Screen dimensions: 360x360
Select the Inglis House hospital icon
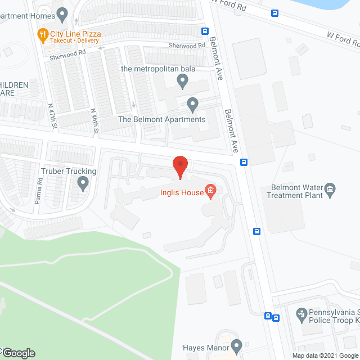click(x=210, y=192)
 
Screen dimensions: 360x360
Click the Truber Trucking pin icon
click(x=83, y=182)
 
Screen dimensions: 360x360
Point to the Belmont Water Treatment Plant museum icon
click(x=331, y=188)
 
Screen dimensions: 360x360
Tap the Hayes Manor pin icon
click(x=236, y=345)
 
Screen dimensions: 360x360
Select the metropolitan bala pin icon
click(x=182, y=82)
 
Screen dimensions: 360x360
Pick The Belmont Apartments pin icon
click(x=193, y=104)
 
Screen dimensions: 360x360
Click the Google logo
click(x=18, y=353)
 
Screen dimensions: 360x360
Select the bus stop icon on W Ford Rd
click(x=274, y=13)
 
